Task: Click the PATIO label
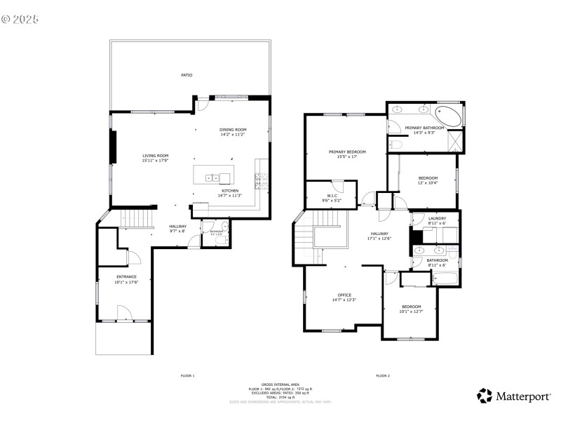187,74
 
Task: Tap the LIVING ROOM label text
156,156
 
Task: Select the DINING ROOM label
233,129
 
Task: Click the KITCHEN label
230,191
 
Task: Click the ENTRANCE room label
126,276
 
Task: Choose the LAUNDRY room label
437,219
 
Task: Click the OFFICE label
344,295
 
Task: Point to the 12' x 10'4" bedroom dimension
428,182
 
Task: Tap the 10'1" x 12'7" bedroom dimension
411,311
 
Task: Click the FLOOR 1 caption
187,376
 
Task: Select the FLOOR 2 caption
382,376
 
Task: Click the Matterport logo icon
484,396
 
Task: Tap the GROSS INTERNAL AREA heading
280,385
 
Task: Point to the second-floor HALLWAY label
379,234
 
